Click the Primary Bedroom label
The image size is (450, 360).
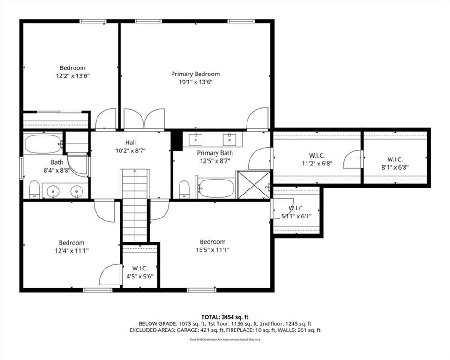point(195,74)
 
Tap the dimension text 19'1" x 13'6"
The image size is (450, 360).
point(195,82)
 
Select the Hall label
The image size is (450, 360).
point(131,142)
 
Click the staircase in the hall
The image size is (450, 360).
point(135,206)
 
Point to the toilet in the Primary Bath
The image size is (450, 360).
point(184,189)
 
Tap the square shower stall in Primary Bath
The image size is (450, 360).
point(254,185)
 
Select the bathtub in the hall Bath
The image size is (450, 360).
point(43,144)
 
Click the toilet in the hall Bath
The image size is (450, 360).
point(34,189)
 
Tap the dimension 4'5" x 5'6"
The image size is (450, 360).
point(140,277)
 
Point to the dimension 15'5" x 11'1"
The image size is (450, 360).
point(213,250)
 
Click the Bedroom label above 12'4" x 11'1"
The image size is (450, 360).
point(72,243)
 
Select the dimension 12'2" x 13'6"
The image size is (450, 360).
point(73,76)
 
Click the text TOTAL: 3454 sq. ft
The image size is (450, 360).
point(225,317)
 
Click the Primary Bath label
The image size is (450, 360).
point(215,153)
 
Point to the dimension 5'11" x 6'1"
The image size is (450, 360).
point(296,217)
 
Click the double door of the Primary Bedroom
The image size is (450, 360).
point(144,119)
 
